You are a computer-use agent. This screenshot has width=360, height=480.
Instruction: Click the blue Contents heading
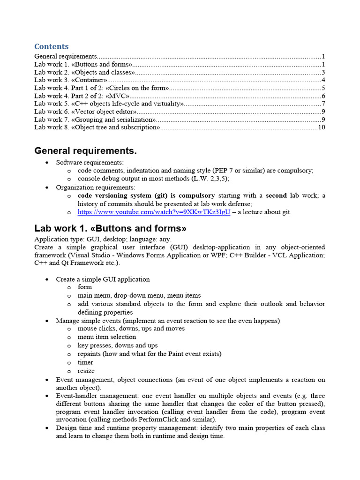(52, 46)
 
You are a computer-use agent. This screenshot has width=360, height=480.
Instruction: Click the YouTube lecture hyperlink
(154, 212)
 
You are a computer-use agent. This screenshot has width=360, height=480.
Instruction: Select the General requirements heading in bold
(85, 151)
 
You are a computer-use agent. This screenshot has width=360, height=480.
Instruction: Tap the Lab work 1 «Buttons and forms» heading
(110, 229)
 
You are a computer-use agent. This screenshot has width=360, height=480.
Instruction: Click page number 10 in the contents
(321, 127)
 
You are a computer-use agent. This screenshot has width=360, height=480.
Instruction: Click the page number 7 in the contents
(323, 104)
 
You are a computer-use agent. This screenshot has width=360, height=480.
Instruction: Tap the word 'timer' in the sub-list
(85, 362)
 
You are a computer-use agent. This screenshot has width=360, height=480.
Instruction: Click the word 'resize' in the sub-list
(86, 371)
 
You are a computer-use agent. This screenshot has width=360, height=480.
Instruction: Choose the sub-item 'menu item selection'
(107, 337)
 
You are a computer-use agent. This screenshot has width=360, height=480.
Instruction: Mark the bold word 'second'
(276, 195)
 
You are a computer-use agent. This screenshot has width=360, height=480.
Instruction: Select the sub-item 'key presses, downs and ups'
(118, 345)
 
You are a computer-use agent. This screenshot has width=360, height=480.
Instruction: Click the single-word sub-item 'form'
(85, 287)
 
